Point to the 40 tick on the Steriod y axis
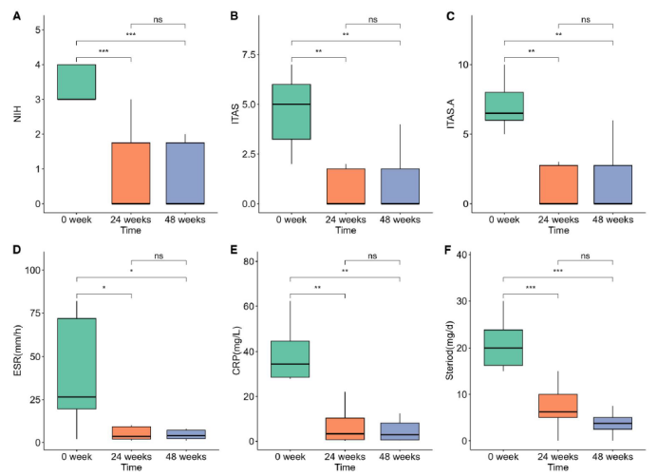coord(469,255)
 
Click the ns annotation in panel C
coord(587,19)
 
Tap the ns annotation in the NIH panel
coord(157,19)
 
